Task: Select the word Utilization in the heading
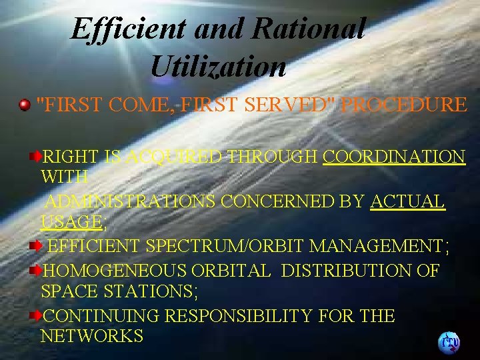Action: pos(218,66)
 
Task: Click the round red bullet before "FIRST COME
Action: pos(25,105)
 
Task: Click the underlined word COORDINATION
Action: pos(393,157)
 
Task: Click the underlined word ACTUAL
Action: pos(407,201)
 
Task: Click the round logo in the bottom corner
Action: pos(448,343)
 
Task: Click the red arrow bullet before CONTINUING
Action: pos(36,315)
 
